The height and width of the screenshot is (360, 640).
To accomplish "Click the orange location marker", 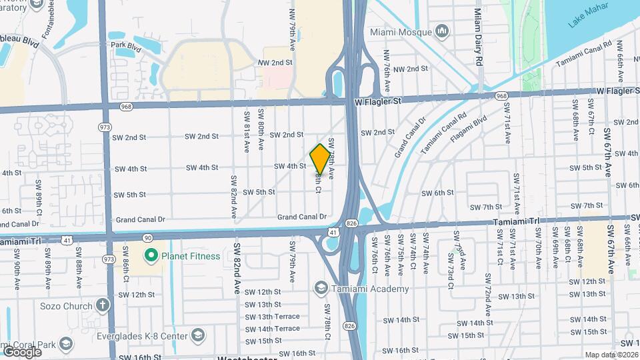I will coord(320,159).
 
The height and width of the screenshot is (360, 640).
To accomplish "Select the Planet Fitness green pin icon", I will coord(151,255).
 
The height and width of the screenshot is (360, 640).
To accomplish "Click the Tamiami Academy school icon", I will coord(321,288).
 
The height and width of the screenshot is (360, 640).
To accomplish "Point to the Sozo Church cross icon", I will coord(102,305).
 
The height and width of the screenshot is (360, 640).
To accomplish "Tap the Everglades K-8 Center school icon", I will coord(197,334).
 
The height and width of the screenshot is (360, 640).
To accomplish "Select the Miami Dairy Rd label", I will coord(478,37).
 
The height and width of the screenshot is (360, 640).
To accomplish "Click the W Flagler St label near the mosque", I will coord(377,101).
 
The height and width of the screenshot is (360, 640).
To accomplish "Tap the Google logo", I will coord(22,351).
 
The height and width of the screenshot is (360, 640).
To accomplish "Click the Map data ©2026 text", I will coord(611,355).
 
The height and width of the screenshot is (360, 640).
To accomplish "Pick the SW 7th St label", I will coord(485,207).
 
